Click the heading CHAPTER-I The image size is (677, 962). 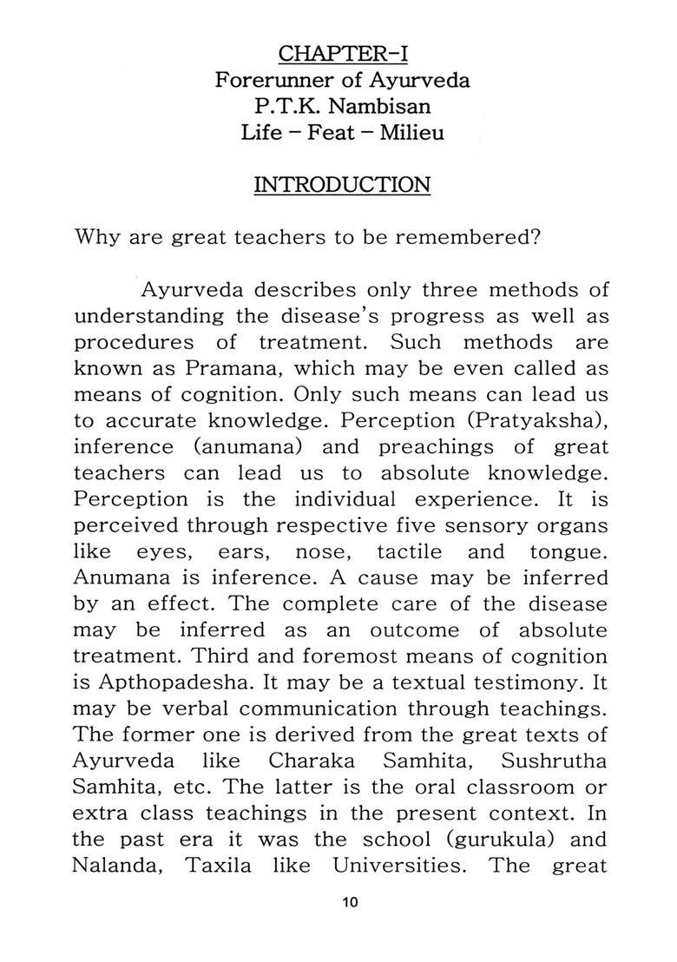[x=342, y=54]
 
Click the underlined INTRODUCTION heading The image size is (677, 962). [x=342, y=185]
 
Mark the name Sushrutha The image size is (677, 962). [x=555, y=761]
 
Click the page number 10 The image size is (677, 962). [x=350, y=902]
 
